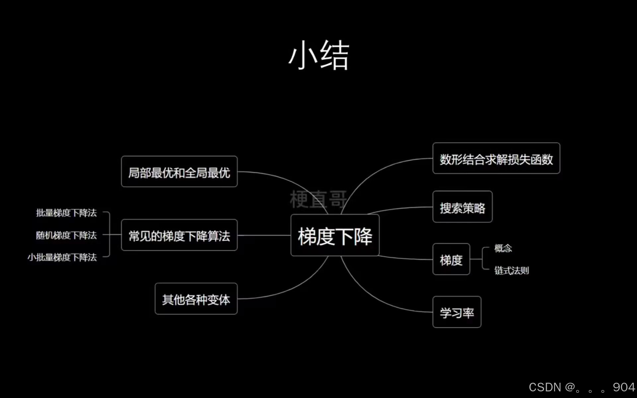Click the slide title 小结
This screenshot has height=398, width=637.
[x=318, y=55]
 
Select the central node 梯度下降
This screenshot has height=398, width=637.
[x=335, y=235]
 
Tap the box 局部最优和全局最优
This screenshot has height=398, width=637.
[x=179, y=172]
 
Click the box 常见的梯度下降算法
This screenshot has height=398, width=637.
[x=179, y=235]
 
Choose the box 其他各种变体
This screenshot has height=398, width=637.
[x=196, y=299]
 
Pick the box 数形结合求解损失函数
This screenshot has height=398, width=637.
[x=496, y=159]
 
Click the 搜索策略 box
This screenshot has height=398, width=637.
[x=462, y=207]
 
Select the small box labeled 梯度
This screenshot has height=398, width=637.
[x=451, y=259]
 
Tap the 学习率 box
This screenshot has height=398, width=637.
[x=457, y=312]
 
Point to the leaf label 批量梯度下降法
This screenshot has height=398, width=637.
[x=66, y=213]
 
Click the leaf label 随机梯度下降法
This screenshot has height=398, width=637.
[x=66, y=235]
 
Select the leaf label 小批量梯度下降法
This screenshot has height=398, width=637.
[x=62, y=257]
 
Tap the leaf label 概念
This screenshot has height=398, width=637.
[x=503, y=248]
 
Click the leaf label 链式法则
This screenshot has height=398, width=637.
[x=511, y=270]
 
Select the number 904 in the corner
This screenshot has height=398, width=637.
[x=624, y=387]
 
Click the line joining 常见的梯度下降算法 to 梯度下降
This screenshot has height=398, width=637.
[x=264, y=235]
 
